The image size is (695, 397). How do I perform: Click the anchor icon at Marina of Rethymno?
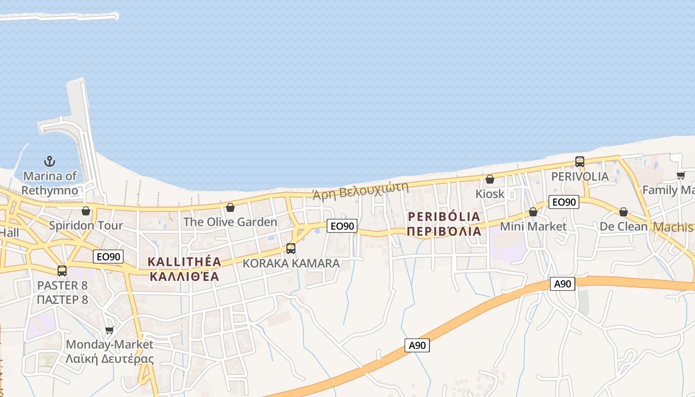[x=50, y=161]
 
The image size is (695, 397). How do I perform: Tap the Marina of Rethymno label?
[x=50, y=183]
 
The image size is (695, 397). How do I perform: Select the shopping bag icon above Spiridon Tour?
[x=86, y=211]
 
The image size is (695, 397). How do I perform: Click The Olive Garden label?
[x=230, y=222]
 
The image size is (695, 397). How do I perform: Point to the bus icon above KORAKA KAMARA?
[x=291, y=249]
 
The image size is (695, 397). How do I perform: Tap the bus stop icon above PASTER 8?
[x=62, y=271]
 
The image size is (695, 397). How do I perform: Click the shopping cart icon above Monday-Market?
[x=110, y=330]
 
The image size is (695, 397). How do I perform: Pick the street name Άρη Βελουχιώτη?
[x=360, y=191]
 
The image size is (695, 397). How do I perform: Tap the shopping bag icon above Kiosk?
[x=490, y=179]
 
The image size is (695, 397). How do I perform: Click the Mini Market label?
[x=533, y=227]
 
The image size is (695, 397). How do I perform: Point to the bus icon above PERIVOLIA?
[x=580, y=162]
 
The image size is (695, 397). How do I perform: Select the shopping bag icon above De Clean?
[x=624, y=212]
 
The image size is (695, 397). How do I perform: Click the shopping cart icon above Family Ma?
[x=681, y=175]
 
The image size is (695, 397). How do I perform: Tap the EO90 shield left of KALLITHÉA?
[x=108, y=257]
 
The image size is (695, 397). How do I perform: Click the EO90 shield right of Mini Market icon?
[x=564, y=202]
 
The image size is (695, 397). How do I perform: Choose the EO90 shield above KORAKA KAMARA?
[x=343, y=226]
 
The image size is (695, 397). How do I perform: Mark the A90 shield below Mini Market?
[x=562, y=284]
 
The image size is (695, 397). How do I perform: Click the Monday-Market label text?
[x=110, y=344]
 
